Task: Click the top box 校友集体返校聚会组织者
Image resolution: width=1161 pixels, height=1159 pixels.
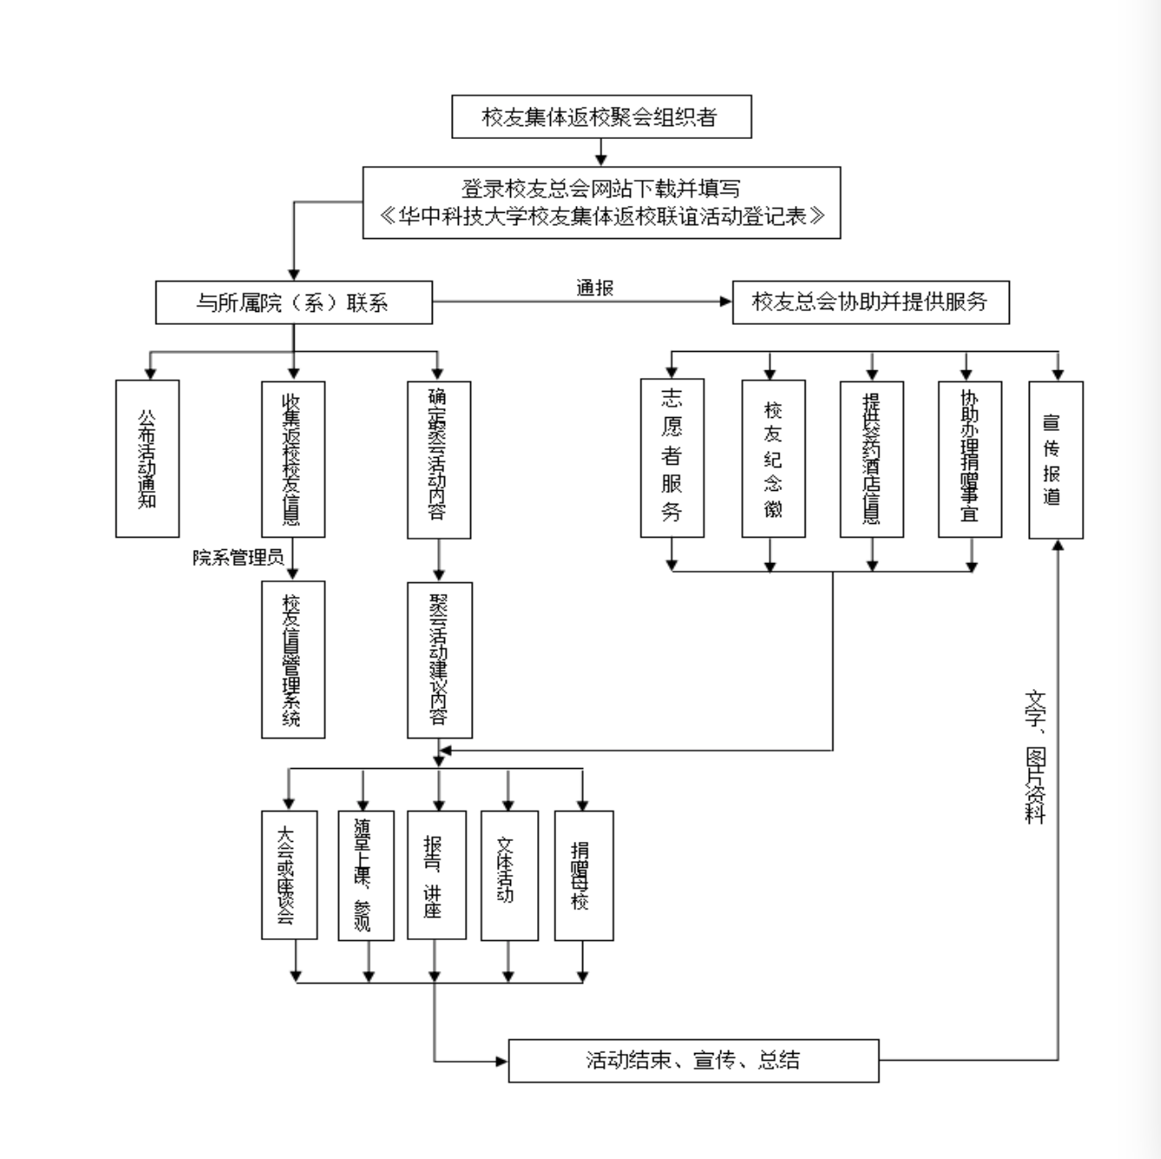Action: (600, 117)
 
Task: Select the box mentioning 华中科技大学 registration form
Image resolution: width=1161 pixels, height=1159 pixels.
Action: (601, 202)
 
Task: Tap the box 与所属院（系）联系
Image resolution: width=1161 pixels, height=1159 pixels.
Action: (294, 302)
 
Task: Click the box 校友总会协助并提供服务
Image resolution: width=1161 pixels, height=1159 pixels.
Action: (870, 302)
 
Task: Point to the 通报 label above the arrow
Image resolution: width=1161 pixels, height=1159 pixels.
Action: (595, 288)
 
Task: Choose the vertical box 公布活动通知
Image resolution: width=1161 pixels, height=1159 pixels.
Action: (148, 458)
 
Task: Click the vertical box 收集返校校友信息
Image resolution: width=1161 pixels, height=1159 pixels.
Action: (294, 459)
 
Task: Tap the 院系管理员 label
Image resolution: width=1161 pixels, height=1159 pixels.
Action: (238, 558)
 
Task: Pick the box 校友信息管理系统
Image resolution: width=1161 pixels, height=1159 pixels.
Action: (294, 659)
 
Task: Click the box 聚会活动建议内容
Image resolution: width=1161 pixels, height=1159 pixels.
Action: (440, 659)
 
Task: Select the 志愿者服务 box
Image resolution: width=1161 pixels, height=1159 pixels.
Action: (672, 458)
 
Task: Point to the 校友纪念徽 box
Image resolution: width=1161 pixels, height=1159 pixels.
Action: (773, 458)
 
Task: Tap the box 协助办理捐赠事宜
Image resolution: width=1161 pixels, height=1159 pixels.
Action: (970, 458)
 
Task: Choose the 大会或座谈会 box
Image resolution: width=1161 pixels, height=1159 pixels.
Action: (289, 875)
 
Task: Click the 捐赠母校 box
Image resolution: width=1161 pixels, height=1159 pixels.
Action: (583, 875)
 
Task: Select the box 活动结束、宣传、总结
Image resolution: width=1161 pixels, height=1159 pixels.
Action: (693, 1060)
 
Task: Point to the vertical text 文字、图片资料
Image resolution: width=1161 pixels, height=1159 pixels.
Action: (1034, 756)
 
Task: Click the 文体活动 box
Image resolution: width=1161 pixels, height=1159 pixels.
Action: (508, 875)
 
